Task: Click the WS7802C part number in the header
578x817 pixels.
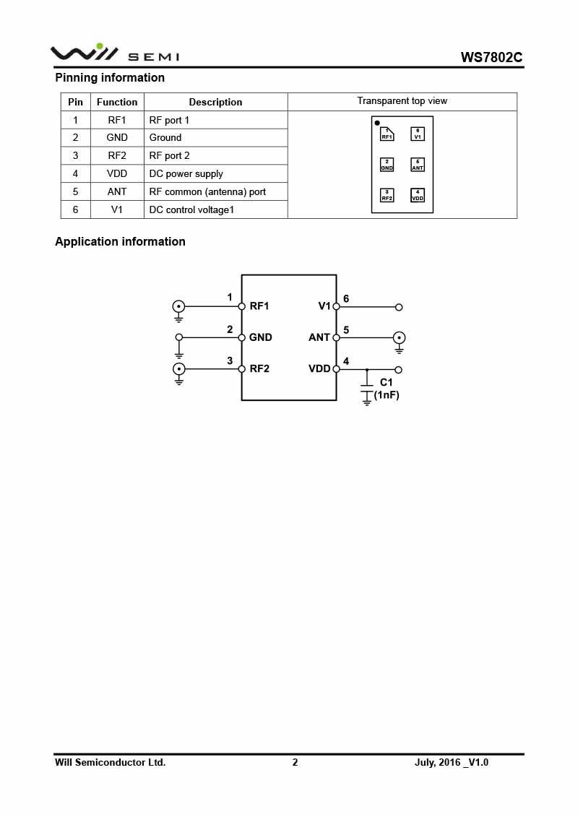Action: click(x=491, y=58)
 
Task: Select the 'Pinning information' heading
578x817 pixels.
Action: click(x=110, y=77)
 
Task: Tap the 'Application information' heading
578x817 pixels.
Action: click(x=120, y=241)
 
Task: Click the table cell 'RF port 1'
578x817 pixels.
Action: click(x=169, y=120)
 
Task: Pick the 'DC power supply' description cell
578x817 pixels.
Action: click(x=186, y=173)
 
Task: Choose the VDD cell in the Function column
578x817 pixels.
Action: click(x=117, y=173)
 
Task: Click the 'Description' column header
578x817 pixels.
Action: click(x=215, y=102)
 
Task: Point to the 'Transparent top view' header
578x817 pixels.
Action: click(x=402, y=101)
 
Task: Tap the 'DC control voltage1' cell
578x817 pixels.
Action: click(x=191, y=209)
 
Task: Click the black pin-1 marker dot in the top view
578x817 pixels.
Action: click(x=377, y=123)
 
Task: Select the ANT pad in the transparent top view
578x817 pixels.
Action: click(x=418, y=165)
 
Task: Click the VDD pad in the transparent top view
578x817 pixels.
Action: click(x=418, y=195)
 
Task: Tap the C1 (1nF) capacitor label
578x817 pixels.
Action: click(x=387, y=389)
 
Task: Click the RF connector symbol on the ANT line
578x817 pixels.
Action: click(x=399, y=337)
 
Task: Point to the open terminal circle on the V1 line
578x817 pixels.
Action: click(x=399, y=307)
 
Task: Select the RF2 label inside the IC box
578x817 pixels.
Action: click(x=259, y=368)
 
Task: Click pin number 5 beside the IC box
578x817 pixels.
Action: click(x=346, y=330)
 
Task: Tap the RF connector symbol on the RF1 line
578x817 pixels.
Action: click(x=179, y=306)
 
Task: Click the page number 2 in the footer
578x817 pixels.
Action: click(x=295, y=762)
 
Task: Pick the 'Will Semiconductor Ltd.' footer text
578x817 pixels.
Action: click(x=110, y=762)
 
